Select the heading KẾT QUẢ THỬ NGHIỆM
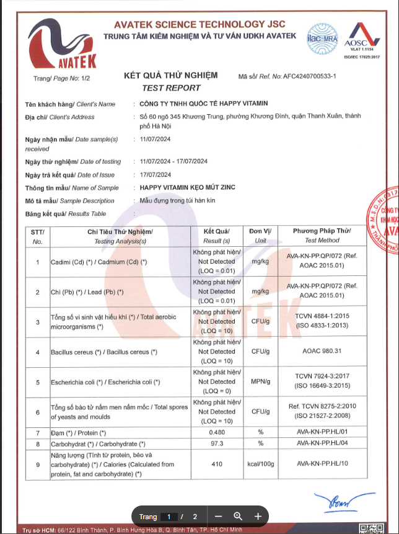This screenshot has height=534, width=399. [171, 76]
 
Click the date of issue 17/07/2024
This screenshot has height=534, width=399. [156, 174]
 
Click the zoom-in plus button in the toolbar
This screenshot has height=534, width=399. [258, 517]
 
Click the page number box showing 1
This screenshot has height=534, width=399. [168, 517]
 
